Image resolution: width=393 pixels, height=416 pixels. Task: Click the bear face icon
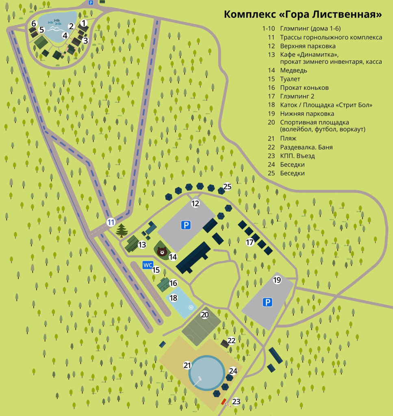pos(162,252)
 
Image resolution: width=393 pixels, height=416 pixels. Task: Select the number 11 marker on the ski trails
pos(111,222)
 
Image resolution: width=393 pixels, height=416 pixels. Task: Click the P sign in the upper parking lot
pos(186,225)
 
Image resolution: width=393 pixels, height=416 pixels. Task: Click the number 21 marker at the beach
pos(187,365)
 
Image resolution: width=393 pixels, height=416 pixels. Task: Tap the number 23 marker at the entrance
pos(236,402)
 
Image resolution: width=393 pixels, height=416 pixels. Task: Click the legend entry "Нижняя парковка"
pos(307,114)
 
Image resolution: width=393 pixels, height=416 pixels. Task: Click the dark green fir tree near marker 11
pos(122,230)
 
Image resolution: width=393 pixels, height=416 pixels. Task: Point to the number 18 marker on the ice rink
pos(174,298)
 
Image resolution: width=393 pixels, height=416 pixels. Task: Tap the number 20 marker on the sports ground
pos(205,314)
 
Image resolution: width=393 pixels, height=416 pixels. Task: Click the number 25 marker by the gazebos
pos(227,186)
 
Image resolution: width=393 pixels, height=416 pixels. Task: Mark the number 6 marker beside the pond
pos(34,23)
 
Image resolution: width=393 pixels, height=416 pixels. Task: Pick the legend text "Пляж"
pos(288,138)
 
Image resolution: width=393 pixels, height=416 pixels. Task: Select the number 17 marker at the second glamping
pos(250,243)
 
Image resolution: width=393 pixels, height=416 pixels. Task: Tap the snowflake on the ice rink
pos(189,308)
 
